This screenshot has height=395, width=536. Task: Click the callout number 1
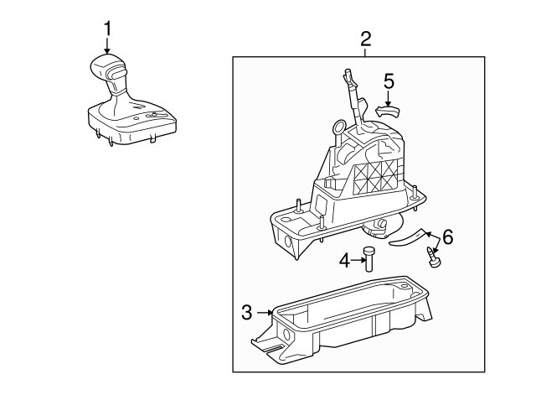click(x=108, y=29)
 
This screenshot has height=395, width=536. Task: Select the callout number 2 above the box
click(x=365, y=39)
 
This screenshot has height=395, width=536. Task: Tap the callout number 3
click(x=247, y=312)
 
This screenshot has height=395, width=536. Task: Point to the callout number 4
click(x=345, y=261)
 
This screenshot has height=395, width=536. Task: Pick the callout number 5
click(x=389, y=81)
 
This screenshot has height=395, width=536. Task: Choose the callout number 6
click(x=448, y=236)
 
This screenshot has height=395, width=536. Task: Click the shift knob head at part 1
click(x=108, y=68)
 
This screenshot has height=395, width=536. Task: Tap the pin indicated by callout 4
click(x=368, y=259)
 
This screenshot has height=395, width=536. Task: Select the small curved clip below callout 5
click(x=388, y=112)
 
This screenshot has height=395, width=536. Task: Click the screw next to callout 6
click(x=433, y=257)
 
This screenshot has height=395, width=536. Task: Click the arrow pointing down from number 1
click(x=107, y=45)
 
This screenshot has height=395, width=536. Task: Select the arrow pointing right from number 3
click(x=265, y=313)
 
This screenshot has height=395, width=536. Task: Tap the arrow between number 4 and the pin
click(x=358, y=260)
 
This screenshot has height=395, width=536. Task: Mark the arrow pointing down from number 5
click(x=388, y=98)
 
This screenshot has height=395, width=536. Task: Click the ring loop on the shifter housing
click(x=339, y=127)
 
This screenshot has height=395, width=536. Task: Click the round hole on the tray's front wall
click(x=286, y=334)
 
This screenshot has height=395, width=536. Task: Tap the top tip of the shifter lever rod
click(x=347, y=70)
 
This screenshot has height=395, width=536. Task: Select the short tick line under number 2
click(x=365, y=52)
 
